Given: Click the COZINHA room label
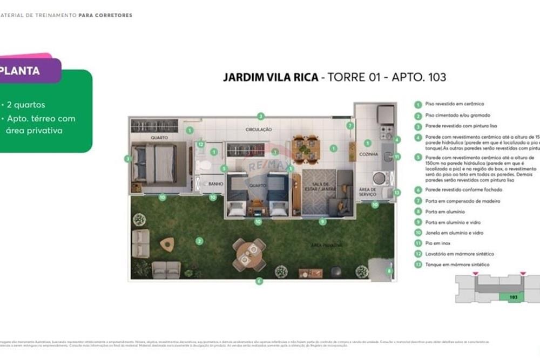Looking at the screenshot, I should point(368,154).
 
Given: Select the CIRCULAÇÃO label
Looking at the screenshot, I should point(259,130).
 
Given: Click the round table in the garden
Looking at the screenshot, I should point(249,255).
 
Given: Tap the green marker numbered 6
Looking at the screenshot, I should point(259,281).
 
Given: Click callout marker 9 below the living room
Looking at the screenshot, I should point(322,221).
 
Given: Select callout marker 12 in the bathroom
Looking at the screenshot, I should point(200,144).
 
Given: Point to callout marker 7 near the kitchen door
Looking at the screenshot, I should point(350,126).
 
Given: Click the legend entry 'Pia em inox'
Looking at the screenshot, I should point(437,243).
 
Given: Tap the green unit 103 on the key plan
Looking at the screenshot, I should point(513,297).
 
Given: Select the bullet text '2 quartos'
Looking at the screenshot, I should point(26,105).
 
